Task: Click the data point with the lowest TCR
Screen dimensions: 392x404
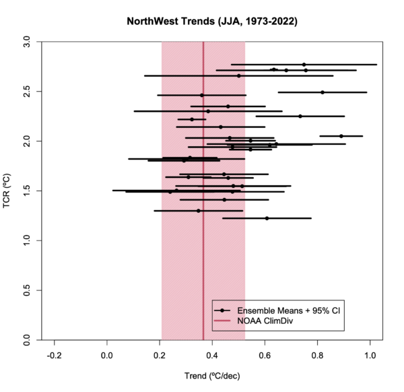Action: click(267, 218)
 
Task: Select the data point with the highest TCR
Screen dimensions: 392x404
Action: click(304, 65)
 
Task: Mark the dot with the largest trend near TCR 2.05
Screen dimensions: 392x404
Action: click(341, 136)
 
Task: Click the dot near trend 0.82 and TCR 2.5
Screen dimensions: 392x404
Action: click(323, 92)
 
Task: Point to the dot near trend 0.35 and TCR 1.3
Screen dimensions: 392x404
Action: click(198, 211)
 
